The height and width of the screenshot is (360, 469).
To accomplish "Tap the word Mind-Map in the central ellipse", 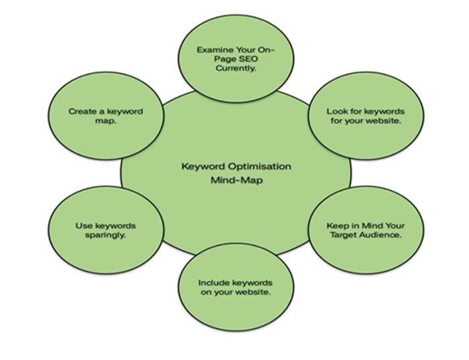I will pos(235,181).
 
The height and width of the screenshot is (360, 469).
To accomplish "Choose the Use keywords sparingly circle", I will pos(106,231).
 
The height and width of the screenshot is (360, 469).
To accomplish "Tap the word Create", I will pos(82,111).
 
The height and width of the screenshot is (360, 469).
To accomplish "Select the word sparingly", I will pos(106,237).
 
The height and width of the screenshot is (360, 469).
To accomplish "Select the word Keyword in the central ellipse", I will pos(203,166).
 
